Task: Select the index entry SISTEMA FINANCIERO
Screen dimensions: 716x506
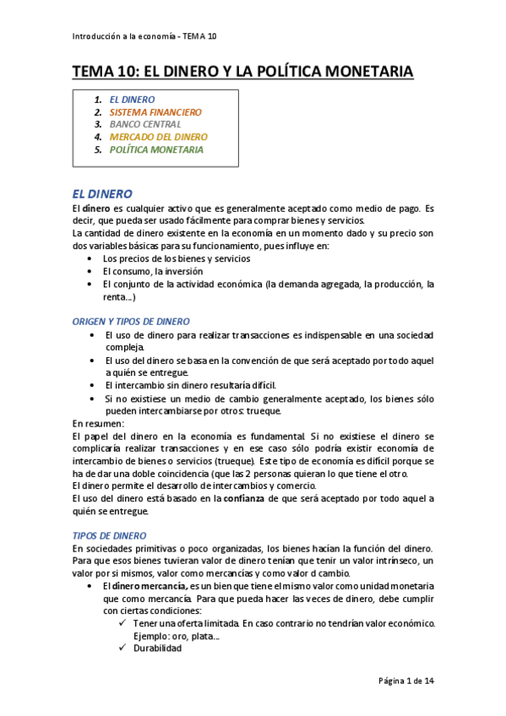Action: coord(155,111)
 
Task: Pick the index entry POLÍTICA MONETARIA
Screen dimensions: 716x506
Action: coord(156,149)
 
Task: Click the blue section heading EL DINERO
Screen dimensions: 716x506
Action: coord(102,193)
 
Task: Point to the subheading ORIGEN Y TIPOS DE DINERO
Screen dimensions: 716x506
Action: coord(131,321)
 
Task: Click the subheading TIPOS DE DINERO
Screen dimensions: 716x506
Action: coord(109,535)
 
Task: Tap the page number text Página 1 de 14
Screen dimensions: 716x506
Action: coord(406,680)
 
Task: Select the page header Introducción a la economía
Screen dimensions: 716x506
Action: coord(145,36)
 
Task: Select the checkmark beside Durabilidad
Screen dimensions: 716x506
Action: coord(124,648)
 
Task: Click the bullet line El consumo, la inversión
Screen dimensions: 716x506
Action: coord(152,271)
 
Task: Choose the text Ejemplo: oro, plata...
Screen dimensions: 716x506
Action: coord(176,635)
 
